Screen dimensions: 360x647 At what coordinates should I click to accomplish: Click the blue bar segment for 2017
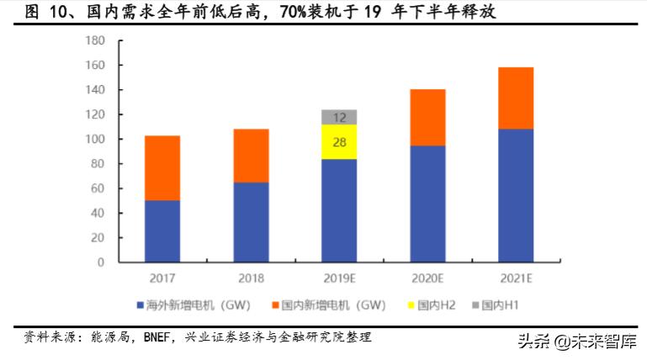click(162, 231)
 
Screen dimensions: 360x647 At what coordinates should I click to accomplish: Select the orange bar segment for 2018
click(251, 156)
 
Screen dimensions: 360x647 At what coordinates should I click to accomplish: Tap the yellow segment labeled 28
click(339, 142)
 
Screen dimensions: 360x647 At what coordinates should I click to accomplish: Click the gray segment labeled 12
click(339, 117)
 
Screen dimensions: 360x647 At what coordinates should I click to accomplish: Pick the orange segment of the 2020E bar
click(427, 118)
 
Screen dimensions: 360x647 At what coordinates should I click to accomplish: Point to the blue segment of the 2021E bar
click(515, 195)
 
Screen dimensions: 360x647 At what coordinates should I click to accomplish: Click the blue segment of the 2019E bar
click(339, 210)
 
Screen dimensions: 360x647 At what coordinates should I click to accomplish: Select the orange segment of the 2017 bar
click(162, 168)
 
